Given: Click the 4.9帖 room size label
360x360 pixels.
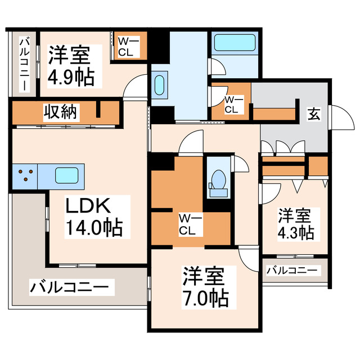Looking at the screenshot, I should point(71,77).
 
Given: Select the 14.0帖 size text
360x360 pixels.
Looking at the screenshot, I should point(94,228).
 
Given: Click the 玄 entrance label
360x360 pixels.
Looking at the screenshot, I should point(311,114).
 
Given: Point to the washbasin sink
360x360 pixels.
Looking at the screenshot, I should point(158,85).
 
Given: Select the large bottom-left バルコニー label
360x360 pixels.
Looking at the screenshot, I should point(69,288).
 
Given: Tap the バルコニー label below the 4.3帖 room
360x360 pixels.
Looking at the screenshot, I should point(291,271).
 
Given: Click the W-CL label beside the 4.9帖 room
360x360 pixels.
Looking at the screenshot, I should point(125,47).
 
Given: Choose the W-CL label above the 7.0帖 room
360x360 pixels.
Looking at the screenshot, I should point(187,224).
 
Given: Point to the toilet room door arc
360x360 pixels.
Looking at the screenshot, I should point(241,164).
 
